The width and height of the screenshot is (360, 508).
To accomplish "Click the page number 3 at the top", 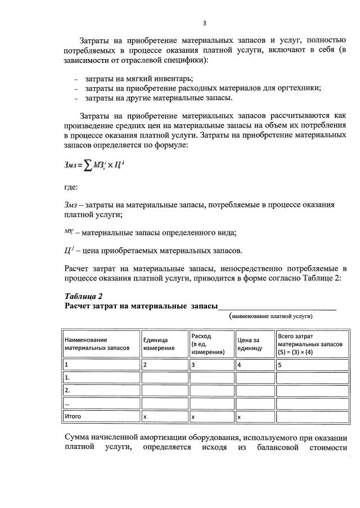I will click(205, 23).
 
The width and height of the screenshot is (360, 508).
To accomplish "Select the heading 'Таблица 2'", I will click(83, 296).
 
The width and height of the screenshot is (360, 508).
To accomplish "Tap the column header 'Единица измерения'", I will click(158, 344).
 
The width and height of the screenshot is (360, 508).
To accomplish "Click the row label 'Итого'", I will click(74, 416).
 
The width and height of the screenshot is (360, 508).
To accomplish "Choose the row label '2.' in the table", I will click(68, 390).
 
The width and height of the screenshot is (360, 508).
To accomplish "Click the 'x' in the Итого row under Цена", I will click(240, 417).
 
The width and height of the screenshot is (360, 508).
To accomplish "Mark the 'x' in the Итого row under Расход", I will click(193, 417).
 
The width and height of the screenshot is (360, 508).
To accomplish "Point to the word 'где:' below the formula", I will click(71, 188).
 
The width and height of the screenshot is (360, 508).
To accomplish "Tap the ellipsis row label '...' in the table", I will click(67, 403).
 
